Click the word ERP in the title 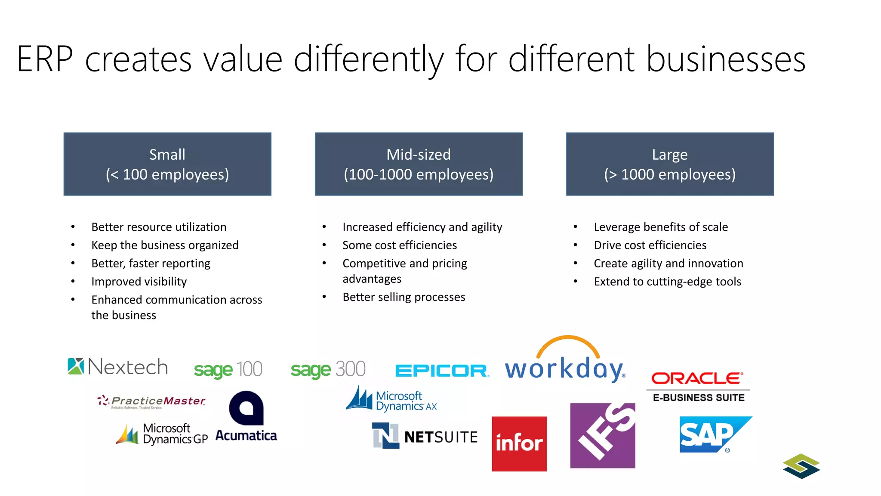[x=45, y=59]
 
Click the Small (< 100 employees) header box [x=167, y=164]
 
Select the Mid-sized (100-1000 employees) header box [x=419, y=164]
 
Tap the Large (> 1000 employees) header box [x=670, y=164]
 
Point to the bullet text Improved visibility [x=139, y=282]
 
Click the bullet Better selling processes [x=404, y=297]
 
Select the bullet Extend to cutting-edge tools [x=667, y=282]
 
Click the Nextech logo [x=118, y=367]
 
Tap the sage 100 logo [x=228, y=369]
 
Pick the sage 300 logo [x=328, y=369]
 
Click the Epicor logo [x=442, y=371]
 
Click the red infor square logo [x=519, y=443]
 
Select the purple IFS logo [x=603, y=435]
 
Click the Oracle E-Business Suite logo [x=698, y=387]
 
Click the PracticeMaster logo [x=151, y=401]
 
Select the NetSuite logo [x=425, y=436]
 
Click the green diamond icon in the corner [x=801, y=466]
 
